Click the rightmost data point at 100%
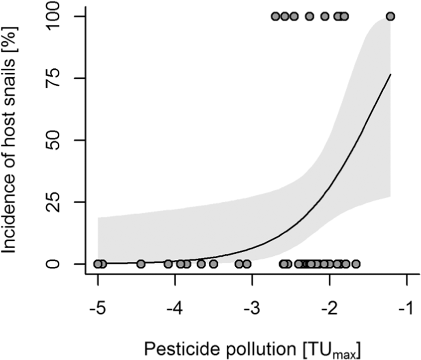tap(390, 16)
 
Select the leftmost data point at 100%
tap(275, 16)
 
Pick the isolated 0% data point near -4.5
tap(140, 263)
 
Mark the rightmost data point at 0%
tap(356, 263)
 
